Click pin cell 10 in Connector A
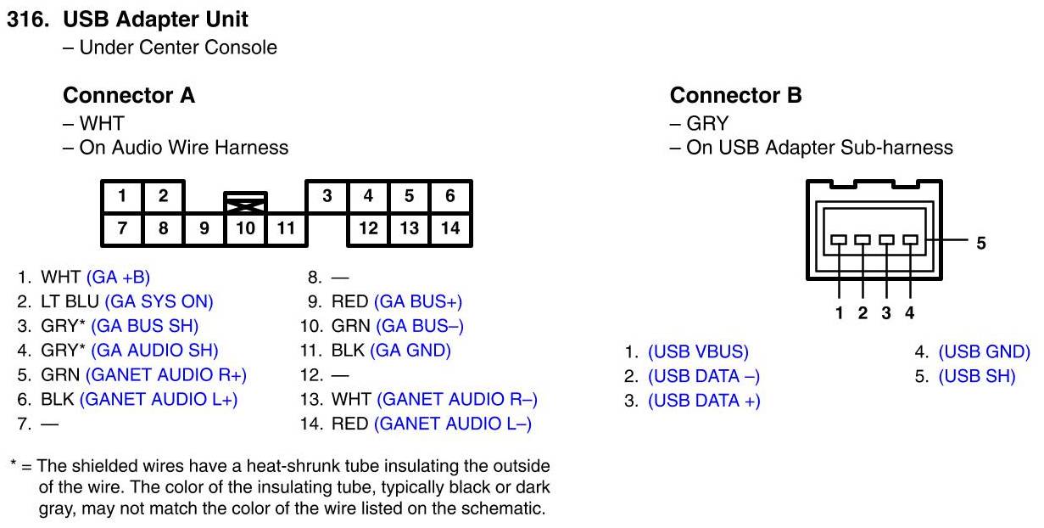tap(245, 228)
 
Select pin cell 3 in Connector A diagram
tap(327, 196)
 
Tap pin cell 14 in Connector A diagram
tap(450, 228)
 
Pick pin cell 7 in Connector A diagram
tap(122, 228)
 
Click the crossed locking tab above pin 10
tap(245, 204)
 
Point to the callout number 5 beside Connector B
tap(980, 243)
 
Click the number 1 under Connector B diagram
tap(839, 312)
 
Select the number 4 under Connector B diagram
tap(909, 312)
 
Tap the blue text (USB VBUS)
tap(698, 351)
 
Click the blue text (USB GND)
tap(984, 351)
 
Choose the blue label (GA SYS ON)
tap(159, 301)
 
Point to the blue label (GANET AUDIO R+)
tap(166, 374)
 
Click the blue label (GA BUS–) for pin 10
tap(420, 326)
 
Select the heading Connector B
tap(735, 95)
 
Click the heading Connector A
tap(129, 95)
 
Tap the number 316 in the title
tap(27, 20)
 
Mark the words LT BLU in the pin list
tap(70, 301)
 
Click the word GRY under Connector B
tap(707, 123)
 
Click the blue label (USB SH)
tap(977, 376)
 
